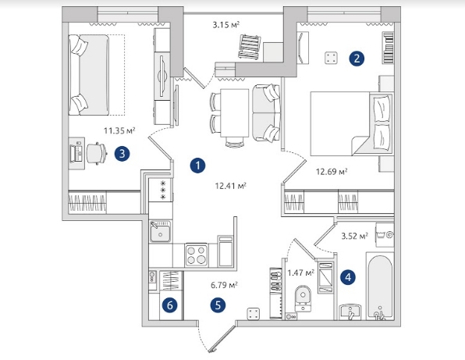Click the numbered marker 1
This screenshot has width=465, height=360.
click(198, 166)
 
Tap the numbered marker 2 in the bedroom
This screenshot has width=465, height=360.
click(357, 59)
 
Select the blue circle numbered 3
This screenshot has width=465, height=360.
click(122, 154)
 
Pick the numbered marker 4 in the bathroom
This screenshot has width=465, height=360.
click(348, 277)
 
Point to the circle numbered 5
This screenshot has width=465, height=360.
click(218, 305)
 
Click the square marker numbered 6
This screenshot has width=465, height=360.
click(170, 305)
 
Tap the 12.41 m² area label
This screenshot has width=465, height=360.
click(230, 186)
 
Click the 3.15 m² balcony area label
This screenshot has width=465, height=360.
click(226, 25)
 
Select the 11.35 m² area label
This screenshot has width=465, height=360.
click(119, 130)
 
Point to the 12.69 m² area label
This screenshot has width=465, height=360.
click(332, 172)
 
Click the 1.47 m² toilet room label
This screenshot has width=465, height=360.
click(300, 273)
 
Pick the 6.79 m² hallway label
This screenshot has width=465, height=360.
click(224, 285)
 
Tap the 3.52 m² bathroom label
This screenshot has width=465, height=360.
click(355, 237)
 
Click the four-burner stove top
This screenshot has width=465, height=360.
click(197, 255)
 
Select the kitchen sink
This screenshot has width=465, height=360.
click(160, 231)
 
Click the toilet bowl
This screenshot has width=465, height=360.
click(303, 298)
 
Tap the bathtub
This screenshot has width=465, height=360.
click(380, 287)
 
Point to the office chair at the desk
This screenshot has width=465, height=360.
click(97, 153)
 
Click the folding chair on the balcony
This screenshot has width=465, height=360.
click(250, 47)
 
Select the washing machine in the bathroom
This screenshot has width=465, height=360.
click(385, 235)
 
